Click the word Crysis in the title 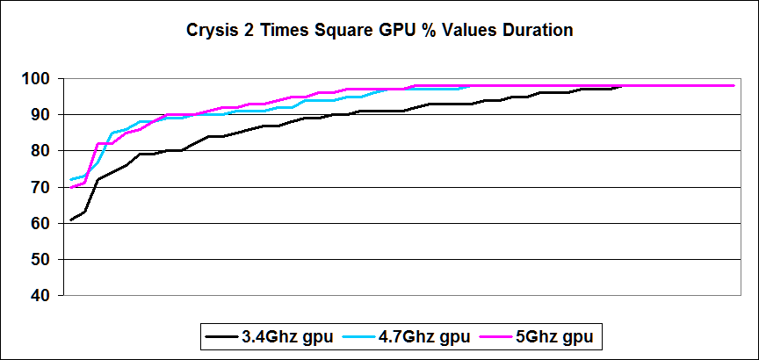click(211, 31)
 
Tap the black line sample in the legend click(218, 335)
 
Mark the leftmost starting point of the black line click(71, 220)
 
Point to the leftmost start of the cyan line click(71, 180)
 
